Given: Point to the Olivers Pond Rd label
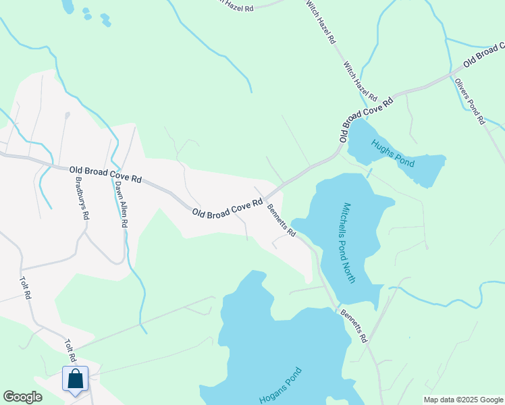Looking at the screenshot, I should (x=469, y=101).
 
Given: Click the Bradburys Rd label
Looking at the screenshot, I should (x=82, y=198).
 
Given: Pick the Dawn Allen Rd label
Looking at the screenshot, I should (x=122, y=203).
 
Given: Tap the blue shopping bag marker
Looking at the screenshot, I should (x=75, y=379).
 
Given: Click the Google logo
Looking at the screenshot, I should (x=22, y=397).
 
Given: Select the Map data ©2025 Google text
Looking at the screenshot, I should (x=462, y=400).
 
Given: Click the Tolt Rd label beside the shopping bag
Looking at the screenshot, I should (x=71, y=353).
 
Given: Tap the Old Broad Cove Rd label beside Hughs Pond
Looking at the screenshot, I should (x=366, y=119).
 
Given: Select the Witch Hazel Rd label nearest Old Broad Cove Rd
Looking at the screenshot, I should (x=359, y=80).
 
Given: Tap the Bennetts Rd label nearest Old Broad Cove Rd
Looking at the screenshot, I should (x=282, y=220).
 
